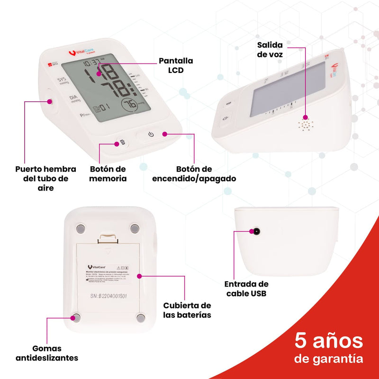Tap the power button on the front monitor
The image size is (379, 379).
(151, 135)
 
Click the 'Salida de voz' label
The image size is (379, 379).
(270, 50)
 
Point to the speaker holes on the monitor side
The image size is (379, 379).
(305, 125)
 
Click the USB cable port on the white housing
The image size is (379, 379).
(256, 232)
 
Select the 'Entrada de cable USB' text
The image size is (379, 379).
(246, 289)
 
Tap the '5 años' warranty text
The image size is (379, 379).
(329, 340)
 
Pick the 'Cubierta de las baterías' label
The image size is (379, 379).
(187, 310)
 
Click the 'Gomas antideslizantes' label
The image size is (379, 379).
(47, 353)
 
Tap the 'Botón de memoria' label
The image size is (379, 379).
(108, 173)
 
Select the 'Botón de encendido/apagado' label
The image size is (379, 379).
(194, 173)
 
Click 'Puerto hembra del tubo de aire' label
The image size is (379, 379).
(42, 178)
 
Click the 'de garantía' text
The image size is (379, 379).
(329, 359)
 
